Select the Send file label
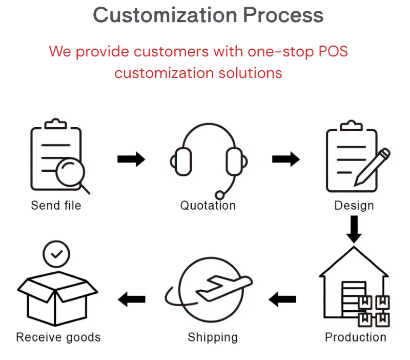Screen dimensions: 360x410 point(56,206)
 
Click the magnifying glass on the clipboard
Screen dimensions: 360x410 point(70,173)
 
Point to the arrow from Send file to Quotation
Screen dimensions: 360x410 point(131,159)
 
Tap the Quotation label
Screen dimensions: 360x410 point(208,206)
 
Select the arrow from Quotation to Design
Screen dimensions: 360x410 point(285,159)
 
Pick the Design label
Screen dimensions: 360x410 point(354,206)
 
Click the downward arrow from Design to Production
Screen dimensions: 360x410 point(354,229)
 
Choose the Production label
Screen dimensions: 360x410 point(355,337)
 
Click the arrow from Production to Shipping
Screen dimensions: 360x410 point(283,298)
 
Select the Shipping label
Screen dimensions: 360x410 point(213,337)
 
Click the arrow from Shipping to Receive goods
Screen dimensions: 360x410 point(131,298)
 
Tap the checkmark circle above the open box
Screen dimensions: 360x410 point(56,254)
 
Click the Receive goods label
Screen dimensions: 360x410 point(58,337)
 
